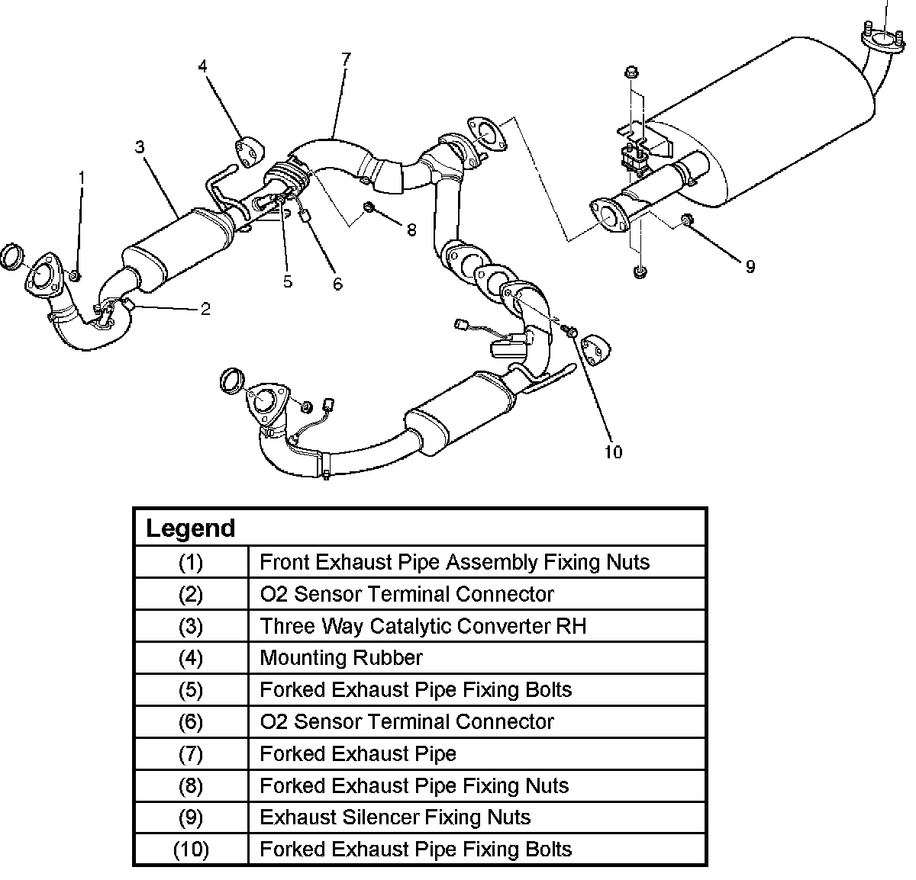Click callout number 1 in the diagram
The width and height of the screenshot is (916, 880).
[x=82, y=178]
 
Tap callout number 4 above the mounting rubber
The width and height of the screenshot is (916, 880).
[x=202, y=66]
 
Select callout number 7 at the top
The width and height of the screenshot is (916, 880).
[x=346, y=58]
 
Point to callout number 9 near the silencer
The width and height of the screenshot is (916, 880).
[x=750, y=266]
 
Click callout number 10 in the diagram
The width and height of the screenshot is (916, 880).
[x=613, y=452]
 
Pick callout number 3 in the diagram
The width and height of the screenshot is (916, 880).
[x=140, y=146]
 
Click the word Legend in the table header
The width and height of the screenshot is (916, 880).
[x=190, y=528]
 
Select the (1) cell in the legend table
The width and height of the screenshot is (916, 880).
[x=191, y=562]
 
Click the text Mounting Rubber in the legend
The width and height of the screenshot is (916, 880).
[x=340, y=657]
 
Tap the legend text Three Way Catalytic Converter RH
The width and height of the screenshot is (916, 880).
[x=423, y=626]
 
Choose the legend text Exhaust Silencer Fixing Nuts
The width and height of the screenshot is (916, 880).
[x=395, y=817]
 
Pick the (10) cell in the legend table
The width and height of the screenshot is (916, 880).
[x=191, y=849]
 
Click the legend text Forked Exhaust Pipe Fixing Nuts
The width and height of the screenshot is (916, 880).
[x=414, y=785]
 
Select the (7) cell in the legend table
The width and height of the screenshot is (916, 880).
[x=191, y=753]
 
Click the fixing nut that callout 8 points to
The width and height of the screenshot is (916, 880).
[x=369, y=207]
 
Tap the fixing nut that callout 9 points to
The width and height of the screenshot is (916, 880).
[x=686, y=220]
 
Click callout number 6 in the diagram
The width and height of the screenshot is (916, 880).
[x=337, y=284]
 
